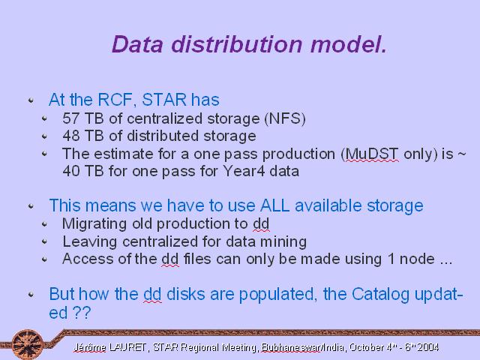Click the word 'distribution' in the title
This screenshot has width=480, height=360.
[237, 44]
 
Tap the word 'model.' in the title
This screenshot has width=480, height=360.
[349, 44]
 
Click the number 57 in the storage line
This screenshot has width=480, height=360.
[70, 118]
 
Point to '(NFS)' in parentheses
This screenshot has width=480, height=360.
[285, 118]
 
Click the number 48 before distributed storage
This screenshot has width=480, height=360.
[70, 136]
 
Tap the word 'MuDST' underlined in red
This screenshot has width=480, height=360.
[372, 154]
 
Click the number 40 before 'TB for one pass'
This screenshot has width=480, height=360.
[70, 171]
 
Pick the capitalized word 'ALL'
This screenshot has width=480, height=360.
[274, 205]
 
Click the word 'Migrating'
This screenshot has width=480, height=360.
[94, 224]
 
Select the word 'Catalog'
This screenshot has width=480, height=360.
[380, 295]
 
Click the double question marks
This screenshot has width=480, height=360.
[82, 313]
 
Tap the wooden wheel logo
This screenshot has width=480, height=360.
[28, 344]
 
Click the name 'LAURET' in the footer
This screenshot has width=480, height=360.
[127, 347]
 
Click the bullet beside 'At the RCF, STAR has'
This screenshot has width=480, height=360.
[31, 100]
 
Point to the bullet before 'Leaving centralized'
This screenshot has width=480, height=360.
[45, 241]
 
